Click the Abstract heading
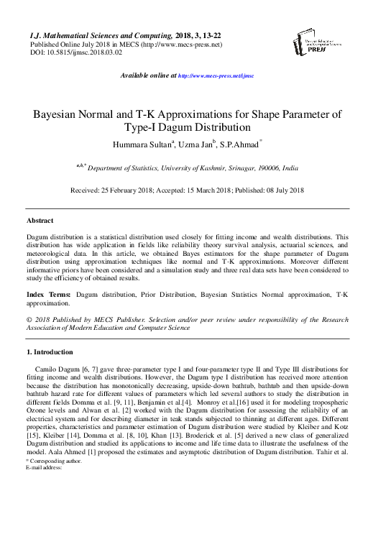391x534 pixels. tap(40, 220)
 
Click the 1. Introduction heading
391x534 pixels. tap(50, 352)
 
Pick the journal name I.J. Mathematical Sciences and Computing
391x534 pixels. tap(100, 35)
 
